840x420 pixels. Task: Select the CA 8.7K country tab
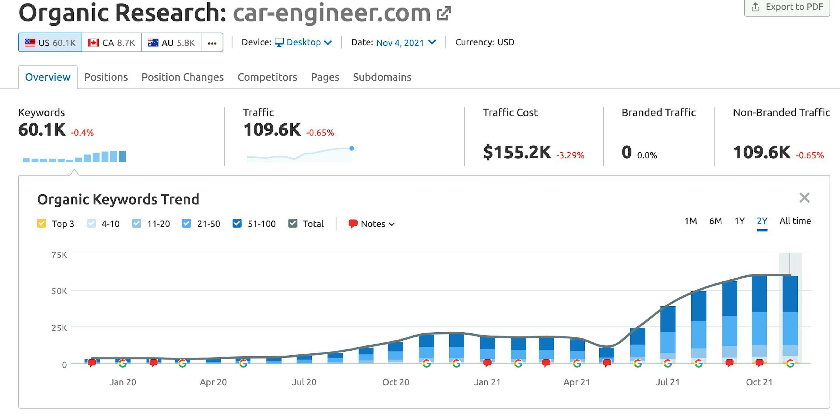pos(112,43)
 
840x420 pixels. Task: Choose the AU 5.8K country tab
pos(171,43)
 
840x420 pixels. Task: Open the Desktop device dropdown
pos(303,42)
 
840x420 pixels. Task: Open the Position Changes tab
pos(182,77)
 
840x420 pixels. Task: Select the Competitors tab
pos(267,77)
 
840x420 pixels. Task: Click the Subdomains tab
pos(382,77)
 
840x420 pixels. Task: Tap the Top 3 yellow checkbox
pos(41,224)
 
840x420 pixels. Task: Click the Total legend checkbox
pos(293,224)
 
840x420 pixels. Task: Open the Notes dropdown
pos(372,224)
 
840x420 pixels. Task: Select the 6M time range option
pos(716,221)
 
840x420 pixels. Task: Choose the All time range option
pos(795,221)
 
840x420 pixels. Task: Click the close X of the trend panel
pos(804,198)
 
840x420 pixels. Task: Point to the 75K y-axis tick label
pos(59,255)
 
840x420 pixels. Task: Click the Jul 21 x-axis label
pos(667,382)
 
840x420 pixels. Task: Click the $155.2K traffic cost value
pos(517,152)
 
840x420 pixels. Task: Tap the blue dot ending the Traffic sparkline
pos(352,148)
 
